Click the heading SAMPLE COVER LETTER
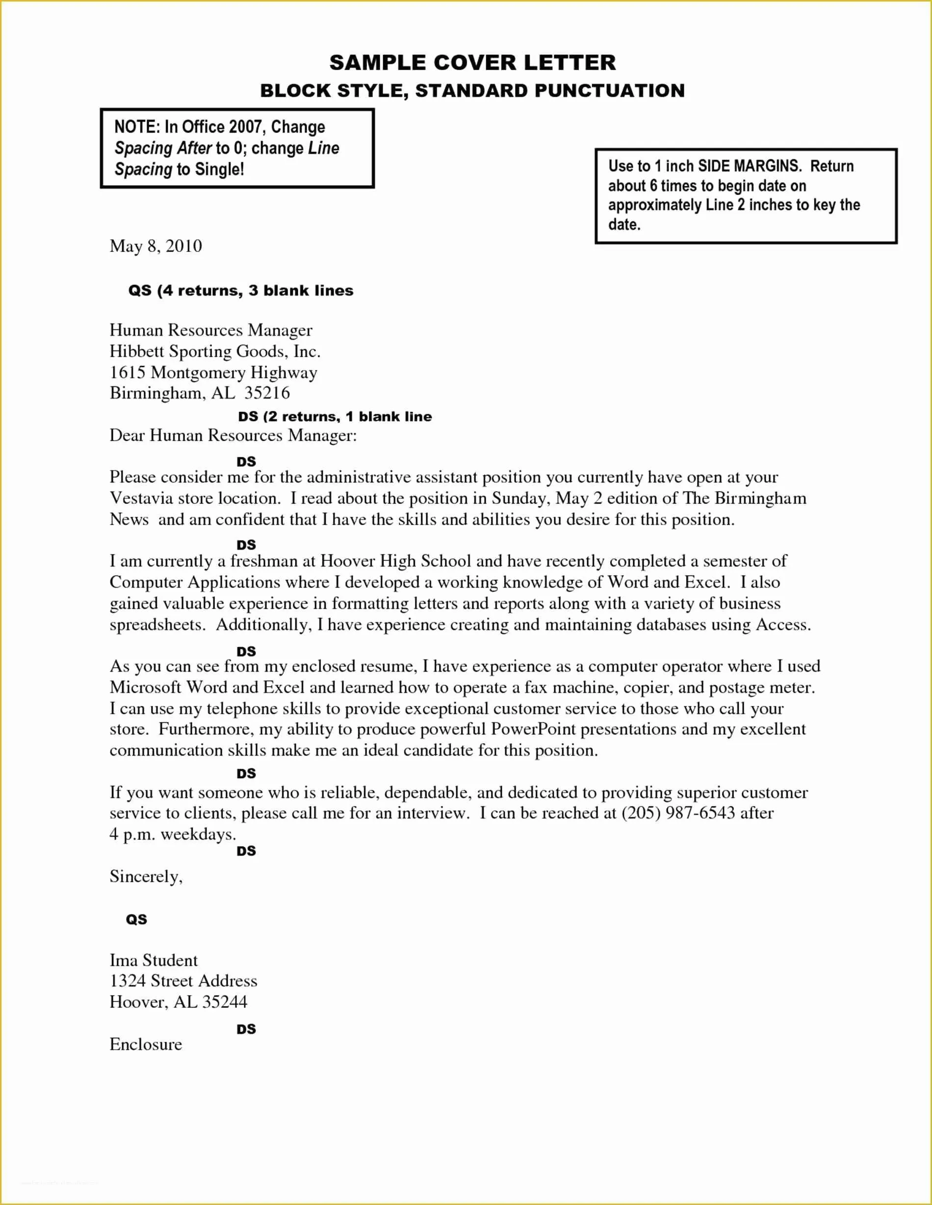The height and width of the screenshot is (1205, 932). (473, 62)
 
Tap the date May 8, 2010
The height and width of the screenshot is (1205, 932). (155, 246)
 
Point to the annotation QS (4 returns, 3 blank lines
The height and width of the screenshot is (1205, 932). (241, 291)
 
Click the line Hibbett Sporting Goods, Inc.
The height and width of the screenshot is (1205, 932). (215, 351)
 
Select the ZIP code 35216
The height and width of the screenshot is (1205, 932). (267, 393)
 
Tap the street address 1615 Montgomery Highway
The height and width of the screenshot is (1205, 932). (213, 373)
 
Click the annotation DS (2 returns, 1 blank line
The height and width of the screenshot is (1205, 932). (335, 417)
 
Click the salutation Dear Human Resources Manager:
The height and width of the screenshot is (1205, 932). (233, 436)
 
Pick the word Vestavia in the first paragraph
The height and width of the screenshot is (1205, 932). (141, 499)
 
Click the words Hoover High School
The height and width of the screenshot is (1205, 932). (395, 561)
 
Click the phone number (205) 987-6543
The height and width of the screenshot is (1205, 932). (678, 813)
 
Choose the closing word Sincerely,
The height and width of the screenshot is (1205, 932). (146, 877)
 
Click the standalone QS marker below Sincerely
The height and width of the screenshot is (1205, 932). (136, 919)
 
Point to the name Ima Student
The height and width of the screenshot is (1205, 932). (153, 960)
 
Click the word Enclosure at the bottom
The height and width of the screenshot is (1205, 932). (146, 1044)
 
